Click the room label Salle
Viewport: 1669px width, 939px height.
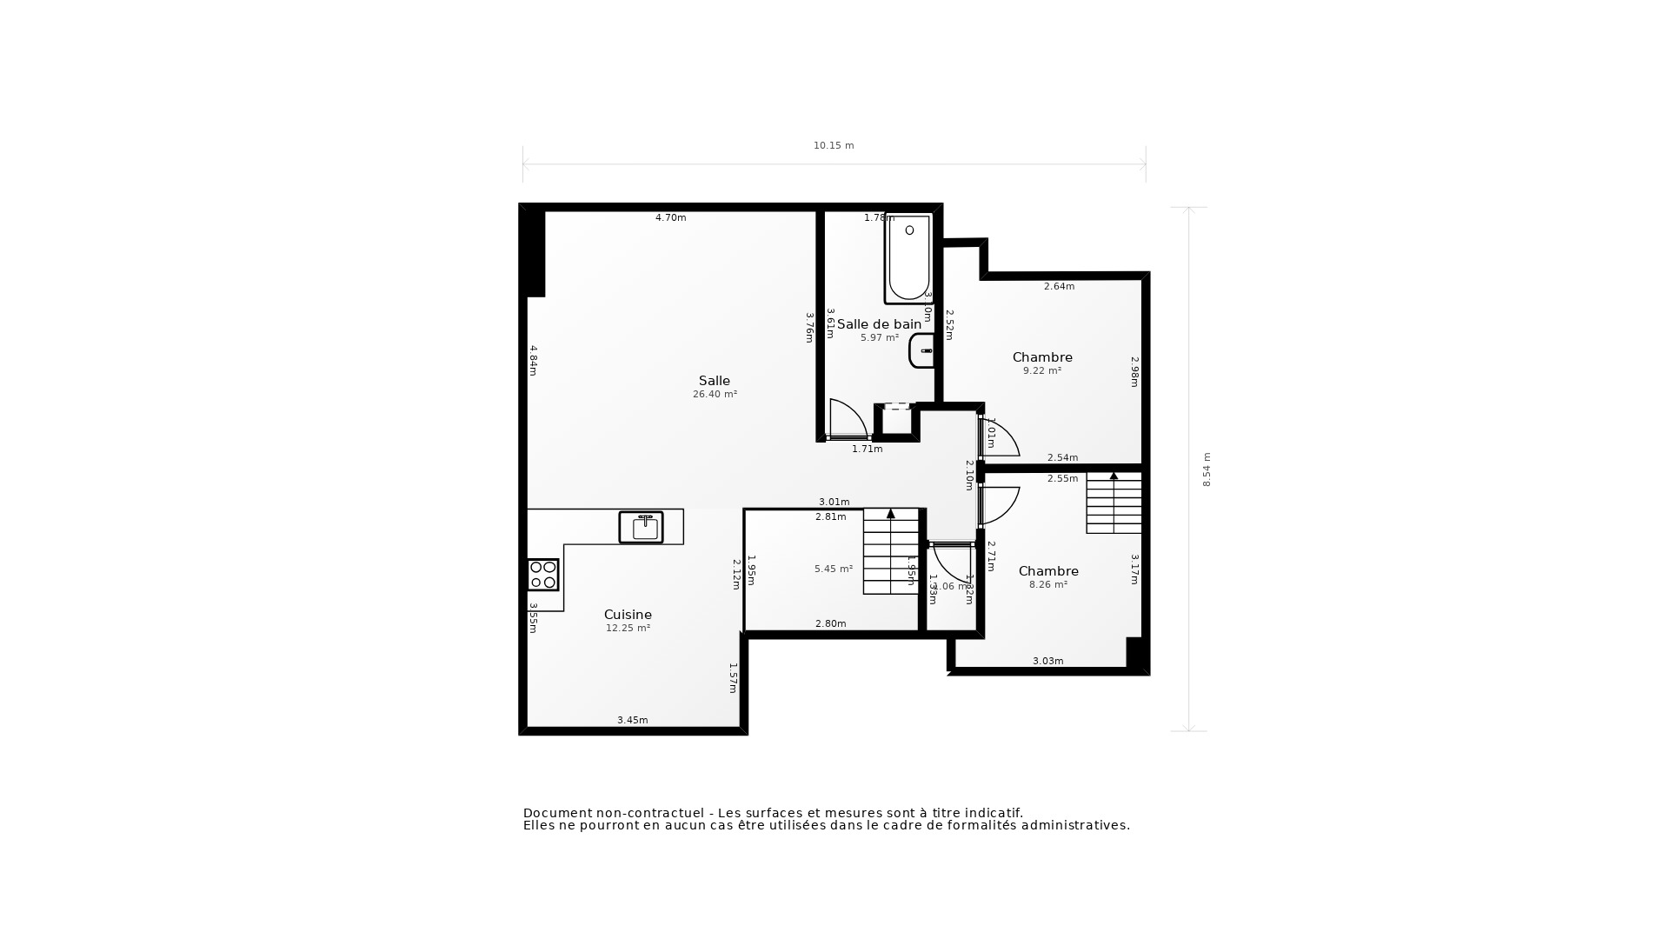tap(714, 381)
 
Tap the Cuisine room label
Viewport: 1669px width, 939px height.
tap(628, 615)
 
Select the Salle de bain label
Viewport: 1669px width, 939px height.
tap(879, 324)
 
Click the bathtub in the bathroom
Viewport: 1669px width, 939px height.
tap(908, 258)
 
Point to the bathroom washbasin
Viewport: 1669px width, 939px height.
tap(922, 351)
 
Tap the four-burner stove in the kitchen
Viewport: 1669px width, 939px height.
tap(543, 575)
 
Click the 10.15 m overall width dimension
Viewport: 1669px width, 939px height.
tap(834, 146)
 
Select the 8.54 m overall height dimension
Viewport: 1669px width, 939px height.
tap(1207, 469)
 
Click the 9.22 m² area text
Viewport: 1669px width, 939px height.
tap(1041, 370)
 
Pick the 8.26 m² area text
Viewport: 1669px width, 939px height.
tap(1047, 585)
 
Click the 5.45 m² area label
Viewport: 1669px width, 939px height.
tap(833, 569)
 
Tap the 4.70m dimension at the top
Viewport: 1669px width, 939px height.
tap(670, 218)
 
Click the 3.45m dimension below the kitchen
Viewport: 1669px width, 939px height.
tap(632, 720)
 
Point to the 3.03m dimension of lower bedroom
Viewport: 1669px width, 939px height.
tap(1047, 661)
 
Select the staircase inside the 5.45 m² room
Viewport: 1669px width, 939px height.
tap(891, 551)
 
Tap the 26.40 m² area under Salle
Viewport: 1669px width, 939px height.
tap(715, 395)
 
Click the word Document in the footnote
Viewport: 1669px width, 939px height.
tap(556, 813)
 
